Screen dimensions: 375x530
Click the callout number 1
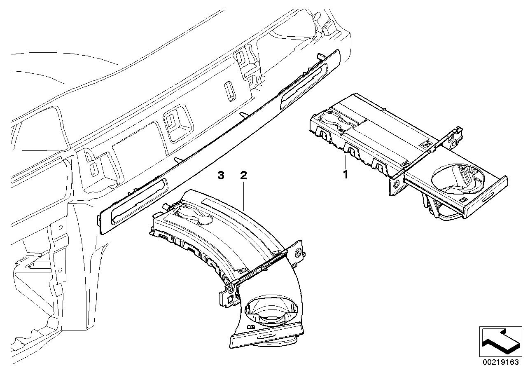[x=346, y=175]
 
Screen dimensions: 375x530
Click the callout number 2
[x=243, y=175]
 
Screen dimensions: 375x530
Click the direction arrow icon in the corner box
[x=499, y=342]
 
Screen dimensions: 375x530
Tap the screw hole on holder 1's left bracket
[x=396, y=184]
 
